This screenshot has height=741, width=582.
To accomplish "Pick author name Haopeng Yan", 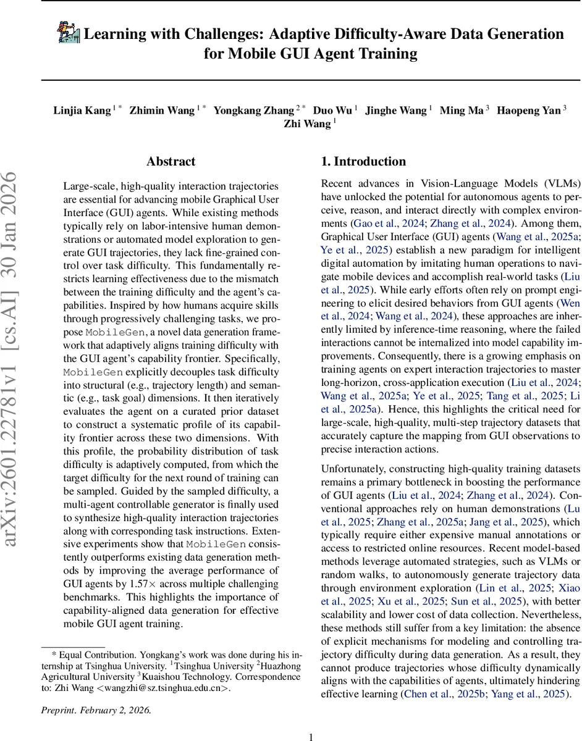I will click(528, 111).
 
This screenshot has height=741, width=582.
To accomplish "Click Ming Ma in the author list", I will click(462, 111).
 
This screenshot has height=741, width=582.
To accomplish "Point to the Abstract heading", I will click(171, 162).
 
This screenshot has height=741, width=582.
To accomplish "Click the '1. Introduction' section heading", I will click(363, 162).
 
